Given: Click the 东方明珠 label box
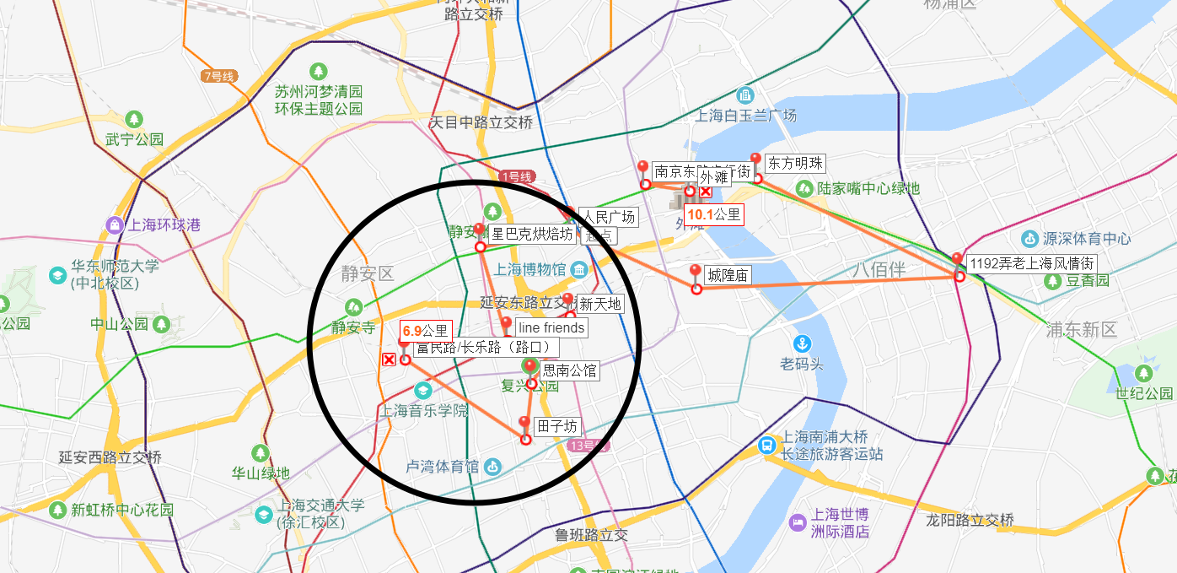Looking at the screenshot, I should click(794, 164).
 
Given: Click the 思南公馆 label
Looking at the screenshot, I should click(569, 370).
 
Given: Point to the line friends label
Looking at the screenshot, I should click(551, 327).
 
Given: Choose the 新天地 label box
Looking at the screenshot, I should click(599, 304).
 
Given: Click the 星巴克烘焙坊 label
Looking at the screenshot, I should click(532, 234).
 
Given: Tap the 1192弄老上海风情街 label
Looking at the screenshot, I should click(1032, 263).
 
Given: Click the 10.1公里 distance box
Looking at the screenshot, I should click(713, 215).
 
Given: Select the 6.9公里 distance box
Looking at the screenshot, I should click(425, 330).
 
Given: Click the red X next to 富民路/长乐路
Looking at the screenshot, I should click(389, 360).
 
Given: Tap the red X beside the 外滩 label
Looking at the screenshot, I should click(706, 192).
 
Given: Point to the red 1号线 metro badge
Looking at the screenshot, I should click(516, 176).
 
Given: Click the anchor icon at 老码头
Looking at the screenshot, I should click(802, 343).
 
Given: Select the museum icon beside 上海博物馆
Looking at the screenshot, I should click(579, 270).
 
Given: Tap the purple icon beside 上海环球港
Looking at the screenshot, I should click(114, 225).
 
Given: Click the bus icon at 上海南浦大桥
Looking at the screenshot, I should click(768, 445).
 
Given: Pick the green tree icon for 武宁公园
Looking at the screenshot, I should click(133, 120).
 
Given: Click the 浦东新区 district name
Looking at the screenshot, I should click(1081, 330).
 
